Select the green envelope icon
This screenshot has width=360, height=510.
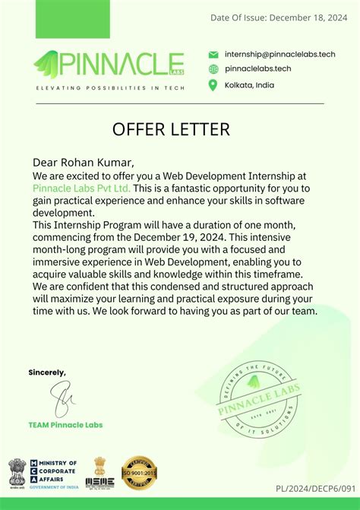(x=213, y=54)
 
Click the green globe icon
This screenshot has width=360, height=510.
(x=213, y=68)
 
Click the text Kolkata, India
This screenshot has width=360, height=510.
(x=249, y=84)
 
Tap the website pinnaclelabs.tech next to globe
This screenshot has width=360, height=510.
(x=258, y=68)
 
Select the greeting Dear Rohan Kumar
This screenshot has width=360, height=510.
(x=84, y=162)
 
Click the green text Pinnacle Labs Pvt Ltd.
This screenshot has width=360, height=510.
(x=81, y=188)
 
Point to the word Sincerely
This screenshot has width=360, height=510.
(x=47, y=372)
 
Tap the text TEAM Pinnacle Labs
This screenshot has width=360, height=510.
(x=65, y=424)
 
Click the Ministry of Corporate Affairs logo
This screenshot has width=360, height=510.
(x=44, y=472)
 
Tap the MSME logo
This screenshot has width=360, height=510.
(x=99, y=473)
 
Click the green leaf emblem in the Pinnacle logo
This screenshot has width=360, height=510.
(x=48, y=65)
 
